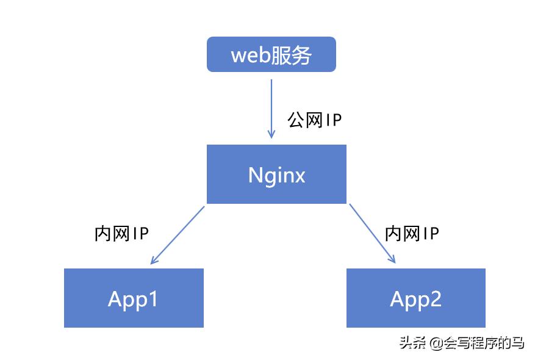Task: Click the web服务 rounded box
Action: tap(271, 54)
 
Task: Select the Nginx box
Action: tap(276, 174)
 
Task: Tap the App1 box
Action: tap(134, 298)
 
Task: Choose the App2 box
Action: tap(416, 298)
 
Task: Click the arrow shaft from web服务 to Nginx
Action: tap(271, 104)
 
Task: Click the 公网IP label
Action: tap(315, 120)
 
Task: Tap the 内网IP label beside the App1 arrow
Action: tap(122, 233)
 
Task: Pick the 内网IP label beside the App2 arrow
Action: tap(412, 233)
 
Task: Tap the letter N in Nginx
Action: tap(256, 175)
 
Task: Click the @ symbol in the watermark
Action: tap(435, 343)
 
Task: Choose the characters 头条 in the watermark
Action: tap(413, 343)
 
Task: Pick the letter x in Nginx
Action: tap(299, 176)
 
